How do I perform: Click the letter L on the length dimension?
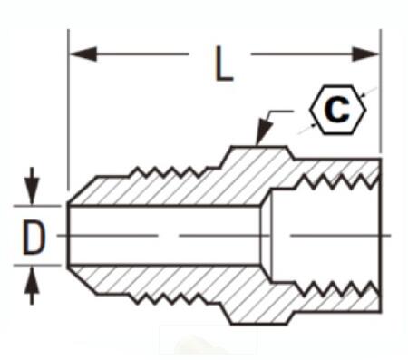pyautogui.click(x=221, y=62)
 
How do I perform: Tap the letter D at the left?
pyautogui.click(x=34, y=238)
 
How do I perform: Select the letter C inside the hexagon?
pyautogui.click(x=337, y=110)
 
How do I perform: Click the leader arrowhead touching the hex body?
pyautogui.click(x=260, y=136)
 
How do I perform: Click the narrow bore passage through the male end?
pyautogui.click(x=163, y=236)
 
